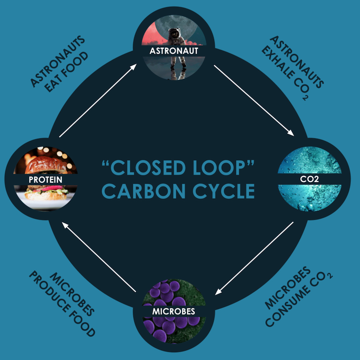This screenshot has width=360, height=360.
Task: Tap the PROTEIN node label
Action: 46,179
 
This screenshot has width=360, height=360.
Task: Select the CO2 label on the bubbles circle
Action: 313,179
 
